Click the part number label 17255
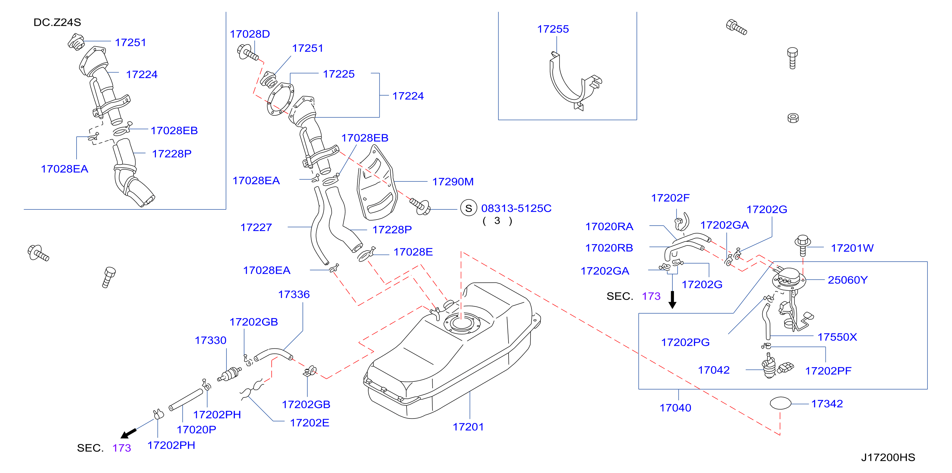553,29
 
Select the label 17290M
453,182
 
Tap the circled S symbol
469,208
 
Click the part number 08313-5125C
516,208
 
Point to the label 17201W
852,248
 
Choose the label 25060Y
847,280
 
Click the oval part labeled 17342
780,403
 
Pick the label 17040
675,408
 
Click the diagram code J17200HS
888,457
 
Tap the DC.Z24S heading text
57,23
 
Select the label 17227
256,228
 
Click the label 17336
294,295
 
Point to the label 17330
210,340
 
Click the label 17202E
309,423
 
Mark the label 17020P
196,430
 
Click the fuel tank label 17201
468,427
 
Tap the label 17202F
670,198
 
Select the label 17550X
837,337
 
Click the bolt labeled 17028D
248,52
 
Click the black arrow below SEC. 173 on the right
673,300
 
